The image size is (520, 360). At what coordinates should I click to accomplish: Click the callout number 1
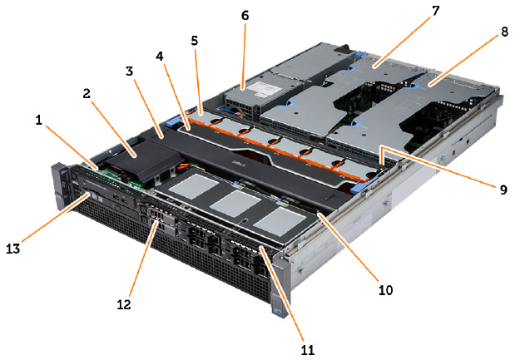coord(38,120)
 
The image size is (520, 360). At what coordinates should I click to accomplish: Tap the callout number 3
coord(129,72)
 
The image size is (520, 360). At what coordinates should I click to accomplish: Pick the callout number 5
coord(195,39)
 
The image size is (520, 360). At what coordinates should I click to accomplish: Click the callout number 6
coord(245,15)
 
